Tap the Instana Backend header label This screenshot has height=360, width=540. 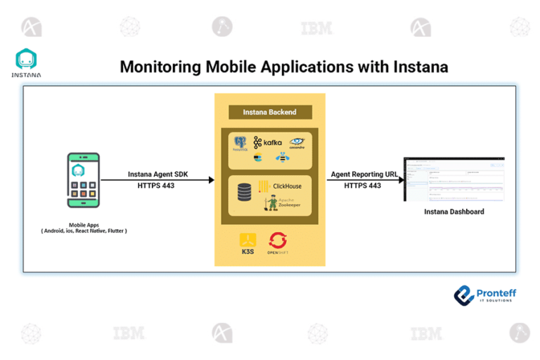pos(269,112)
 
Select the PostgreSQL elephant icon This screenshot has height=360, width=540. pos(241,143)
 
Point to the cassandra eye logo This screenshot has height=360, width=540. pos(296,143)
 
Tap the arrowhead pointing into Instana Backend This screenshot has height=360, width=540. pos(210,180)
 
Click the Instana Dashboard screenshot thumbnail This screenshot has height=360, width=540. pos(454,179)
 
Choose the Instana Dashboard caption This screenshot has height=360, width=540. pos(454,212)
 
